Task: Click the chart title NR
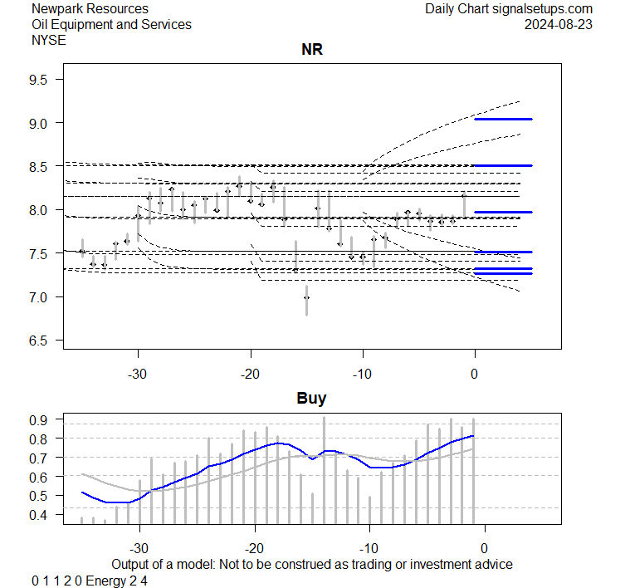coord(311,50)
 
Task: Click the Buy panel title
coord(311,398)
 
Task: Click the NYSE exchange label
coord(47,40)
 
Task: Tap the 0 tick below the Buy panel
coord(484,547)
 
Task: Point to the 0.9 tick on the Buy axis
coord(41,419)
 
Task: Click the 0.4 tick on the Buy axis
coord(41,515)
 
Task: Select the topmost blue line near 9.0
coord(503,120)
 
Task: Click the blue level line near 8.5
coord(503,166)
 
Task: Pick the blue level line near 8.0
coord(503,212)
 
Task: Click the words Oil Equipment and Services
coord(111,24)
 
